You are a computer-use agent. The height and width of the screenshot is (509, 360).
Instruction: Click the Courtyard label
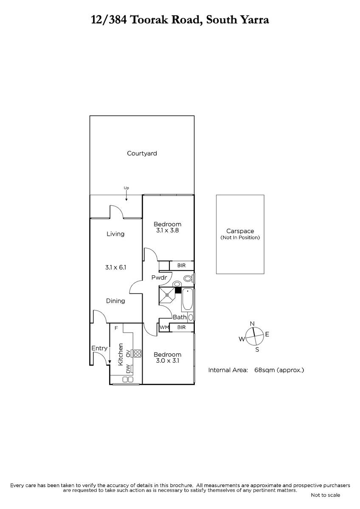pyautogui.click(x=142, y=154)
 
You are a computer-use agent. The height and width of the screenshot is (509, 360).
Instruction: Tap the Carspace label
pyautogui.click(x=240, y=231)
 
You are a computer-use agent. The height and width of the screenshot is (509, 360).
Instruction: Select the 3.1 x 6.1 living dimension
pyautogui.click(x=115, y=268)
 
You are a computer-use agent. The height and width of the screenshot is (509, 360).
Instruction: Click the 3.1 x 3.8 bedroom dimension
pyautogui.click(x=167, y=230)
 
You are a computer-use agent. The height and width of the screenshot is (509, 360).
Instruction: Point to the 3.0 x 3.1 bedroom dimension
pyautogui.click(x=168, y=361)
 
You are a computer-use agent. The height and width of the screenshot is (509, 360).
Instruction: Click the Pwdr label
pyautogui.click(x=159, y=277)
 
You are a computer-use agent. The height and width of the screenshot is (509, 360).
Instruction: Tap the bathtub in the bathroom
pyautogui.click(x=187, y=299)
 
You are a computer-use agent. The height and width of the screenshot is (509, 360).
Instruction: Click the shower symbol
pyautogui.click(x=167, y=295)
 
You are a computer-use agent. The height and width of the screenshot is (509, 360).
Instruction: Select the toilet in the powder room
pyautogui.click(x=189, y=278)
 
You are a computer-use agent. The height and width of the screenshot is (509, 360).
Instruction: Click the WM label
pyautogui.click(x=164, y=327)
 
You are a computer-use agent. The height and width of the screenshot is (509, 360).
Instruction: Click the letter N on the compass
pyautogui.click(x=252, y=324)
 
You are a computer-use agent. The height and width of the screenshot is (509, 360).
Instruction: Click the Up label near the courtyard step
pyautogui.click(x=126, y=188)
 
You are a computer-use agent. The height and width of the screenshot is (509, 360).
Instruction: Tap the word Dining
pyautogui.click(x=115, y=301)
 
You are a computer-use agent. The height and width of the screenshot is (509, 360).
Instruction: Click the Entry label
pyautogui.click(x=99, y=348)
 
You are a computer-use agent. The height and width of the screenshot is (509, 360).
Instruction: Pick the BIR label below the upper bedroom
pyautogui.click(x=181, y=266)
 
